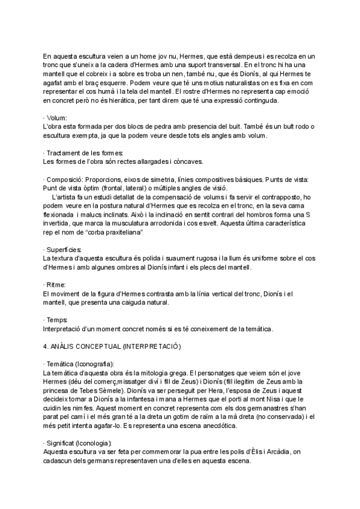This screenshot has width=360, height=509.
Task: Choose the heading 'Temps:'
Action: click(x=58, y=320)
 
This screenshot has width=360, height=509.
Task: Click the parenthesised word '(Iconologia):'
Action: click(x=91, y=442)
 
